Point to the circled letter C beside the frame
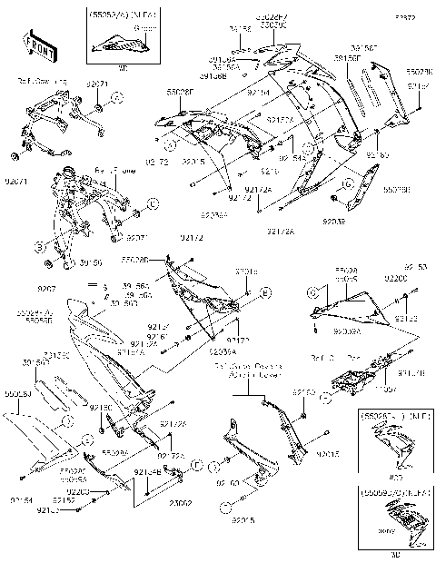pos(153,202)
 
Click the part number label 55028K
pos(419,70)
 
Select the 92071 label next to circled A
pos(98,84)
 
